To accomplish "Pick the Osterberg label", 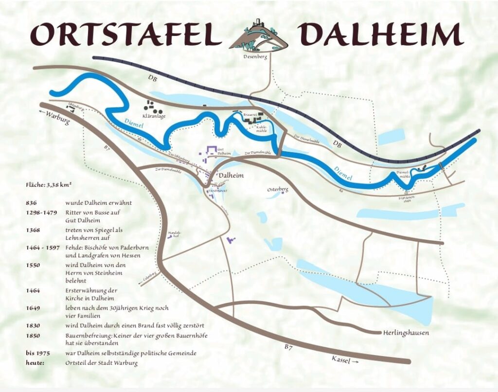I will coord(278,189).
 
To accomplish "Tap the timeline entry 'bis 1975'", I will coord(36,353).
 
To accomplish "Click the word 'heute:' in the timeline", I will coord(35,363).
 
